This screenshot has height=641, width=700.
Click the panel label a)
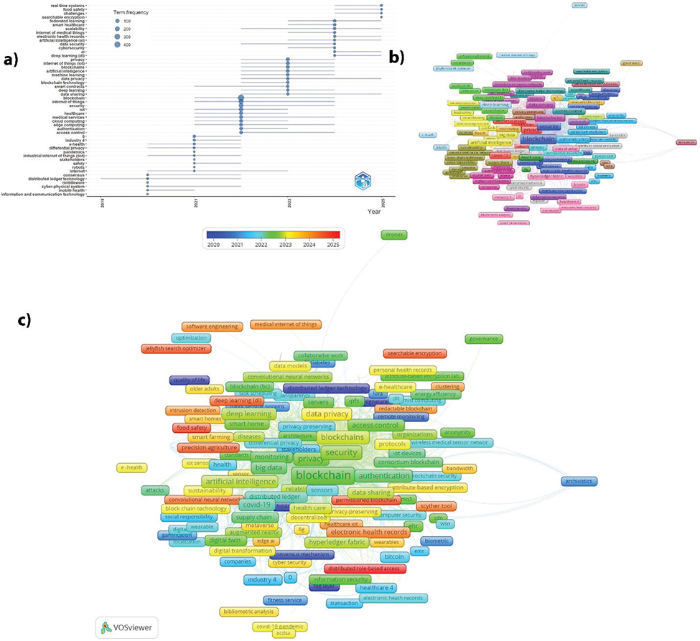12,60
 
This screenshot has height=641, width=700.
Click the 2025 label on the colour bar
332,245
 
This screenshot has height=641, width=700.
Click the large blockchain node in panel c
324,475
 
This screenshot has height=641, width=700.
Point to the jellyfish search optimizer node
176,348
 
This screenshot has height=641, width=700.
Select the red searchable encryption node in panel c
416,353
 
